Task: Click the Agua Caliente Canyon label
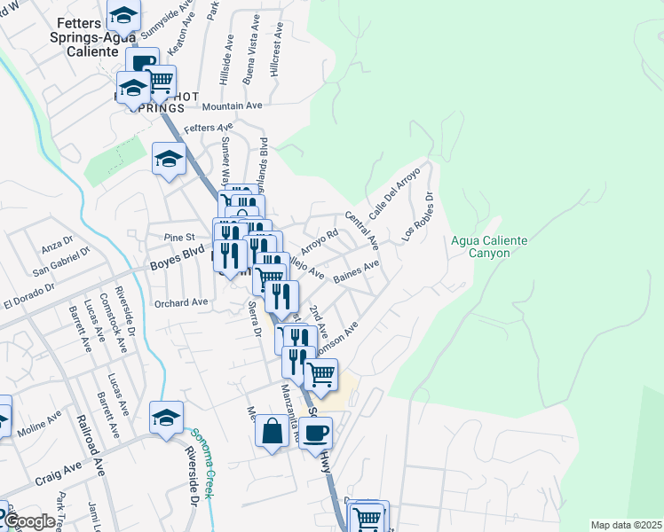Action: click(489, 246)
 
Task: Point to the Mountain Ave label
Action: click(233, 106)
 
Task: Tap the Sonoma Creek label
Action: click(202, 463)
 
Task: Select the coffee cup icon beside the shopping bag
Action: click(315, 433)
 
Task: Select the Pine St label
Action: click(179, 238)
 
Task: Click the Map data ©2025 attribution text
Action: click(625, 525)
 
